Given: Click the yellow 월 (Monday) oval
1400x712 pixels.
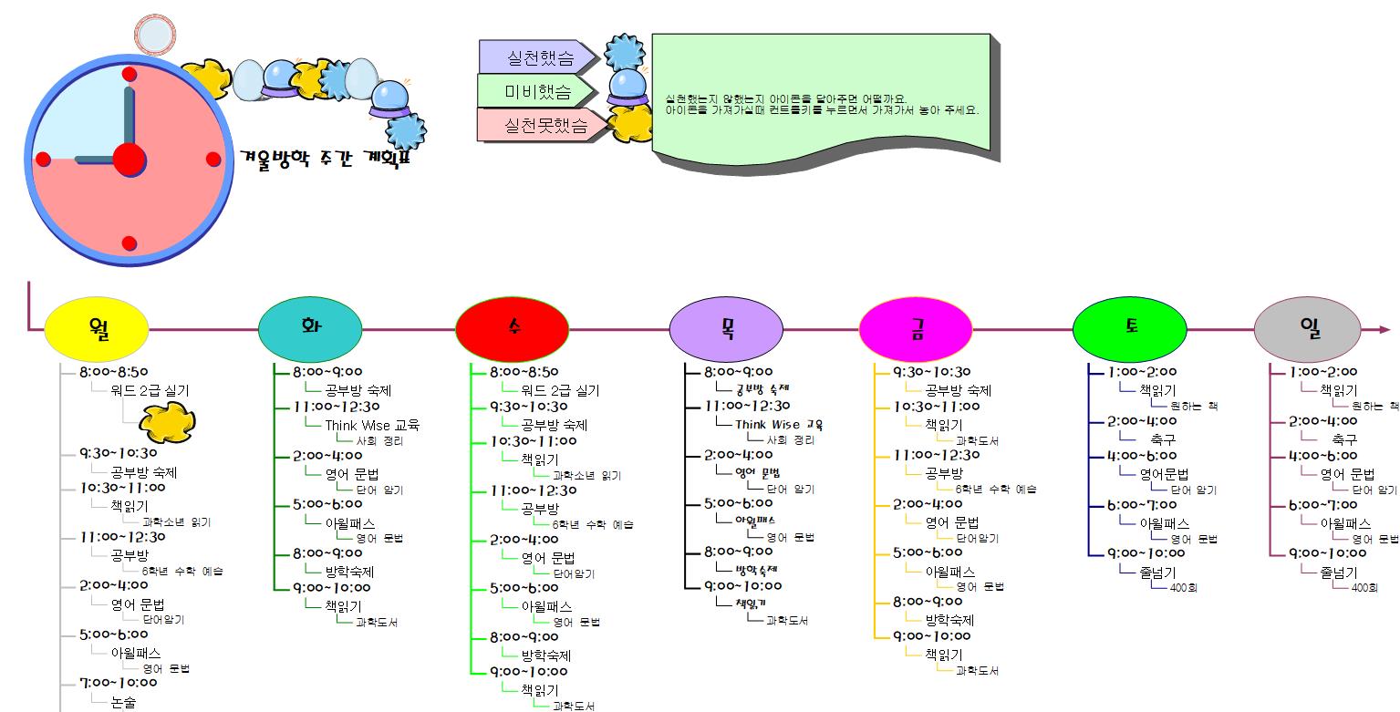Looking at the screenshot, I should (x=96, y=329).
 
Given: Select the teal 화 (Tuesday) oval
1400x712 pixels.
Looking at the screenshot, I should (x=310, y=329).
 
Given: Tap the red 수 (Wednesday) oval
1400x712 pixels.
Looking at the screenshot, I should (x=512, y=329).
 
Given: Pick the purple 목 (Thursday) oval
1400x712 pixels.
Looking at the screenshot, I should (x=726, y=329).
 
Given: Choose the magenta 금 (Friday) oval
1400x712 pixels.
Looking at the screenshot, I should (x=916, y=329).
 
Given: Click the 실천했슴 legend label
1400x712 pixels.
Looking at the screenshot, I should (x=538, y=58).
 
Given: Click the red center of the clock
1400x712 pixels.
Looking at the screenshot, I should (x=129, y=160).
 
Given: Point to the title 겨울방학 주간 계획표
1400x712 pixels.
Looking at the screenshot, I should (x=326, y=159).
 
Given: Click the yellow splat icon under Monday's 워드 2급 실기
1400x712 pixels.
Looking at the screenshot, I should (x=167, y=420).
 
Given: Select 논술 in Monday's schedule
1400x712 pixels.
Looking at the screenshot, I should (x=123, y=702).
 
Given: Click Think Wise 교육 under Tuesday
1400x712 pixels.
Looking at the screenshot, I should (x=372, y=425).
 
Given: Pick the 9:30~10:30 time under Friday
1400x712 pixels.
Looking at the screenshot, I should (x=932, y=372).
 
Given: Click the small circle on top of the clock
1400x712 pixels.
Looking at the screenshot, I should (x=153, y=35).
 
